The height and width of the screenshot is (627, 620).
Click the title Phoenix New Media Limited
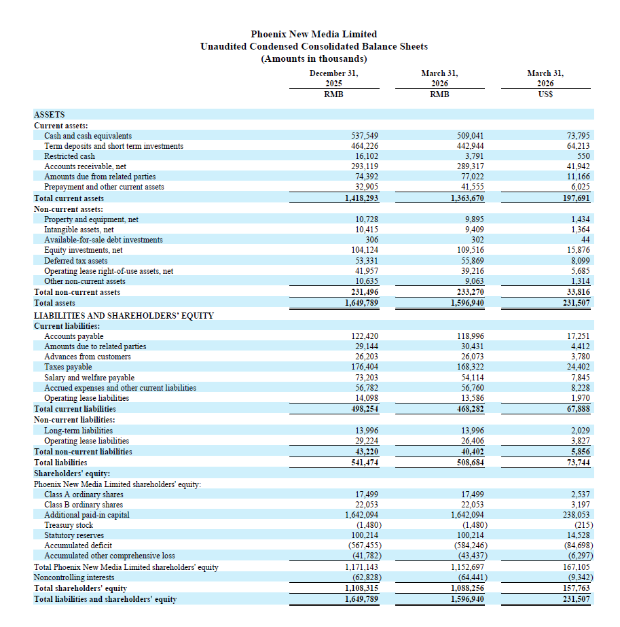click(x=314, y=34)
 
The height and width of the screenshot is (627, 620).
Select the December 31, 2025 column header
click(x=334, y=78)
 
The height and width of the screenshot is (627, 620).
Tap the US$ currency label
click(x=545, y=94)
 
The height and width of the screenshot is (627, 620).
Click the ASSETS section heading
click(x=49, y=115)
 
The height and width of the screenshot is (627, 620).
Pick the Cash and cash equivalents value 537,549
click(x=365, y=136)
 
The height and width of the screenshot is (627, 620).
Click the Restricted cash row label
click(x=69, y=156)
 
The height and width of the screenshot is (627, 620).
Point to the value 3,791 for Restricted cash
click(x=474, y=156)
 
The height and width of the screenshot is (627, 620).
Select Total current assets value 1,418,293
click(x=361, y=198)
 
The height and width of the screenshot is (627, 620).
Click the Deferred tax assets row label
click(x=75, y=261)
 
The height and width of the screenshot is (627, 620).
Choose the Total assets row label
click(x=54, y=303)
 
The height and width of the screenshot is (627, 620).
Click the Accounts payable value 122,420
click(x=365, y=336)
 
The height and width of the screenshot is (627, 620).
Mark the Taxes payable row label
click(x=68, y=367)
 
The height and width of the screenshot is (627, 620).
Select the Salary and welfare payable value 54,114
click(x=472, y=378)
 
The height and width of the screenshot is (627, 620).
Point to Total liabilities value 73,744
click(x=579, y=463)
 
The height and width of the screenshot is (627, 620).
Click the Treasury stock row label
click(x=69, y=525)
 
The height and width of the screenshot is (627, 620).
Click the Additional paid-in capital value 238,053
click(x=577, y=515)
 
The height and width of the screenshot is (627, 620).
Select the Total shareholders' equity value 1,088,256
click(x=467, y=588)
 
